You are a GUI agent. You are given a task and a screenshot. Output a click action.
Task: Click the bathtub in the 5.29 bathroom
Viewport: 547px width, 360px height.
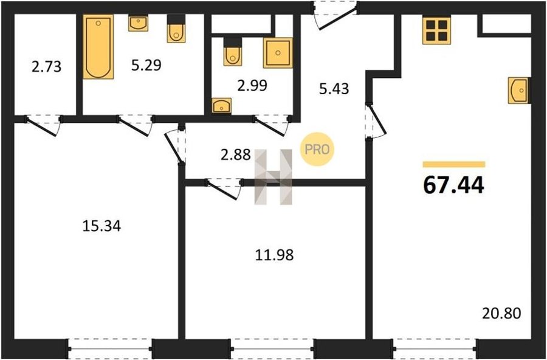(98, 46)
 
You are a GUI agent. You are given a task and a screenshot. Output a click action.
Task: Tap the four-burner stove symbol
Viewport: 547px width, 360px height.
(436, 30)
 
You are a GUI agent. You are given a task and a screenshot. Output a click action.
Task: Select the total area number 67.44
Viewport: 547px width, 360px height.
(453, 185)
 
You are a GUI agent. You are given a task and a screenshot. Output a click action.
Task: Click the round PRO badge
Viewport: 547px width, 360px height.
(317, 150)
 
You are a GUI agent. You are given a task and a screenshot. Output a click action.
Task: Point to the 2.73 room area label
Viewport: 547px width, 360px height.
(46, 66)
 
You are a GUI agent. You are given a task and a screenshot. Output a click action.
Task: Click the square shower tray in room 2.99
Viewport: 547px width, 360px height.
(278, 53)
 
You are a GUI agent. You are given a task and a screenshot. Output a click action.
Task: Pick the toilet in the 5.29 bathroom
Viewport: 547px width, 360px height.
(176, 29)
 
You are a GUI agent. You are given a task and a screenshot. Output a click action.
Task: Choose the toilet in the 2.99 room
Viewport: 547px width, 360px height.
(233, 52)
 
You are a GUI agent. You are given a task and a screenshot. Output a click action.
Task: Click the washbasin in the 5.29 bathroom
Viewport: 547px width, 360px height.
(138, 22)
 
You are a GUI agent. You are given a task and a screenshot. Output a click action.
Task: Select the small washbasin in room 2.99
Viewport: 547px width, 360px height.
(221, 105)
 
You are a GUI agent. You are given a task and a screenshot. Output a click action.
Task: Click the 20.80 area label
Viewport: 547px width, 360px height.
(501, 314)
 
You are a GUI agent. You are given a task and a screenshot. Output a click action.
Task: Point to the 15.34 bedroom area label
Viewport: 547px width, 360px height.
(101, 226)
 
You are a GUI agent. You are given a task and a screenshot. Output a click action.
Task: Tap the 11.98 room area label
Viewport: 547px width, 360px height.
(274, 255)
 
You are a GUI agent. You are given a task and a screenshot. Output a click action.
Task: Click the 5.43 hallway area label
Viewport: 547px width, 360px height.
(334, 89)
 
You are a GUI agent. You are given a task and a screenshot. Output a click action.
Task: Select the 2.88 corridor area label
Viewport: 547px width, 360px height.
(235, 154)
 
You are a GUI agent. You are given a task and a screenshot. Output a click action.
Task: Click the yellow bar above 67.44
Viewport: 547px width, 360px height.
(454, 164)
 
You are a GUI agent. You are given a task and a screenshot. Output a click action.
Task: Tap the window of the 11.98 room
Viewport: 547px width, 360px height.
(272, 348)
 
